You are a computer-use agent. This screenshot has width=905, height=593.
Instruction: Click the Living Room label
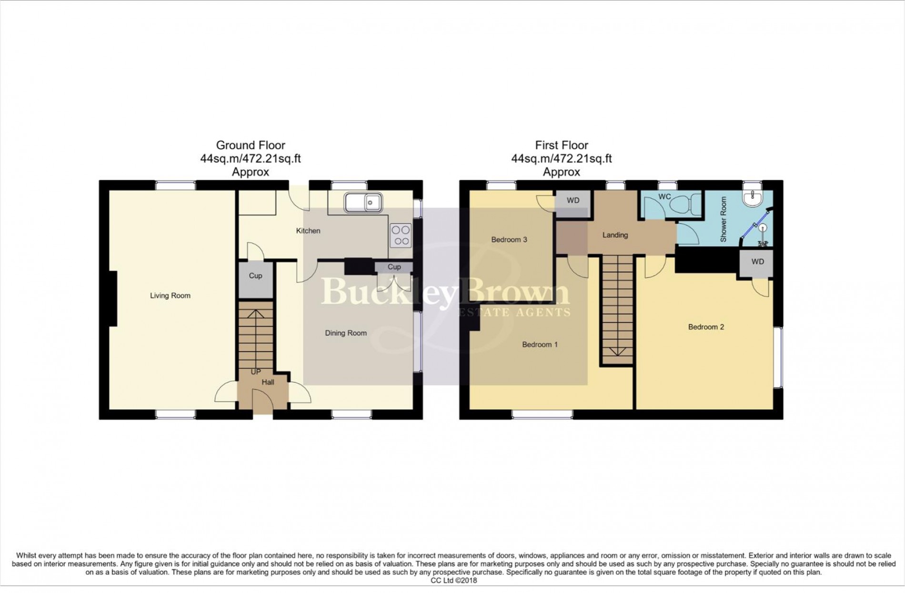[x=170, y=296]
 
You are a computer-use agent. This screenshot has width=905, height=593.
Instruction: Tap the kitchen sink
[x=363, y=203]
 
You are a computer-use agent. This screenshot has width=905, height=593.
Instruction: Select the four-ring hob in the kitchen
[x=401, y=235]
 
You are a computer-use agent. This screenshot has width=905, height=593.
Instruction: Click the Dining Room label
[x=346, y=333]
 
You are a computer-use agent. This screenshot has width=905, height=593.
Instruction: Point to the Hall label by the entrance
[x=268, y=382]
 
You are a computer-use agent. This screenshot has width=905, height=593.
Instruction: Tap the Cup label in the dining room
[x=394, y=267]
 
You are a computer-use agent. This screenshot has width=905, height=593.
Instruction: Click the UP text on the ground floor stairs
[x=256, y=372]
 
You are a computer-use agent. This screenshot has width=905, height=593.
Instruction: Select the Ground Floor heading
[x=251, y=145]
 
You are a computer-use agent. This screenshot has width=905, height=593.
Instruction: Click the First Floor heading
[x=562, y=145]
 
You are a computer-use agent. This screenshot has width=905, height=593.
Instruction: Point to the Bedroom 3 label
[x=509, y=240]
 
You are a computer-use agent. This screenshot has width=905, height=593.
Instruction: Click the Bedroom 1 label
[x=540, y=345]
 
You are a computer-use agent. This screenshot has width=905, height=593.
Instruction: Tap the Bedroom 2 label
[x=706, y=327]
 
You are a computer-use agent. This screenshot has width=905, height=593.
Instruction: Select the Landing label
[x=615, y=235]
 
